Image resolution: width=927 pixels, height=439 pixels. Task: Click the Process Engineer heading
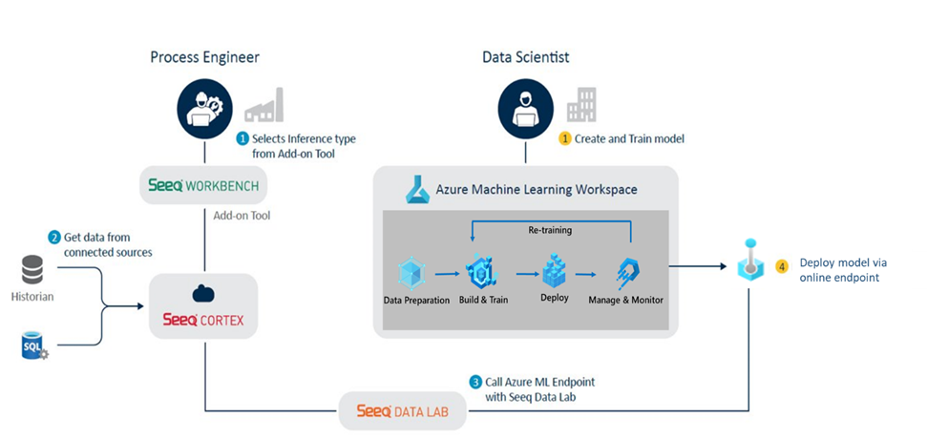coord(204,57)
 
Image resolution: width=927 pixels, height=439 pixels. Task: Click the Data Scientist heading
coord(525,57)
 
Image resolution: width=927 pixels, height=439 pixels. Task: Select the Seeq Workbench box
coord(203,183)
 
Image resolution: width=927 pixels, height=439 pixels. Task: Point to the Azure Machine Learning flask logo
coord(416,188)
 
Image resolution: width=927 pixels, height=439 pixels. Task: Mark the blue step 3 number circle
coord(475,382)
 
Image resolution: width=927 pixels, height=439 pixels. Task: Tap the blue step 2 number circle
coord(54,237)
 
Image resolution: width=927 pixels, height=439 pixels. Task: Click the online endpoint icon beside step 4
coord(749,261)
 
